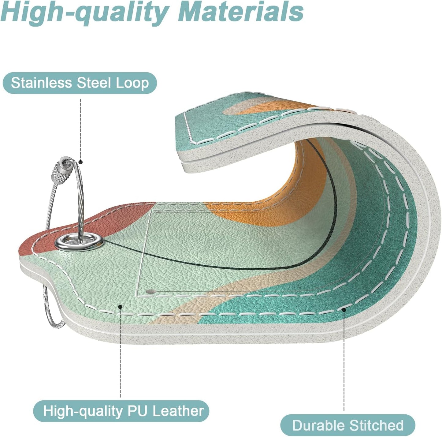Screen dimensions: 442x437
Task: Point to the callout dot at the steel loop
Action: pos(80,162)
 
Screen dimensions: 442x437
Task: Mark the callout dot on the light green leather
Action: pos(120,306)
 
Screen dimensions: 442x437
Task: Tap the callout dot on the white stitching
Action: pos(344,310)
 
